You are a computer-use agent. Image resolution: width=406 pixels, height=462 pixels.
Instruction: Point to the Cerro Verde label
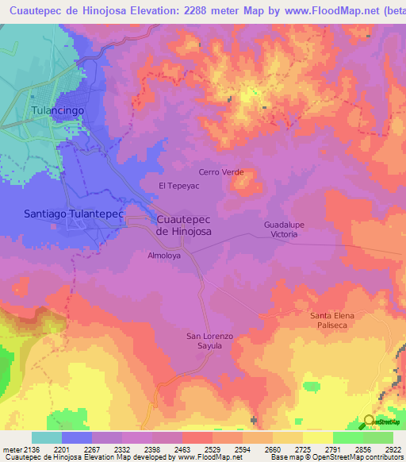[220, 172]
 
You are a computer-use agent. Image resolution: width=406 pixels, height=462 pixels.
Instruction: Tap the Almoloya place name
[164, 256]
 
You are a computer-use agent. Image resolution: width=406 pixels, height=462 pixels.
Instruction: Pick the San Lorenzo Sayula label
[209, 341]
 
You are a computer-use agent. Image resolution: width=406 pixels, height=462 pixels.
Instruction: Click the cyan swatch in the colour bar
[47, 437]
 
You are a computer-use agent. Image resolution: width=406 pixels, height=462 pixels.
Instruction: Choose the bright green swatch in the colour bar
[347, 437]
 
